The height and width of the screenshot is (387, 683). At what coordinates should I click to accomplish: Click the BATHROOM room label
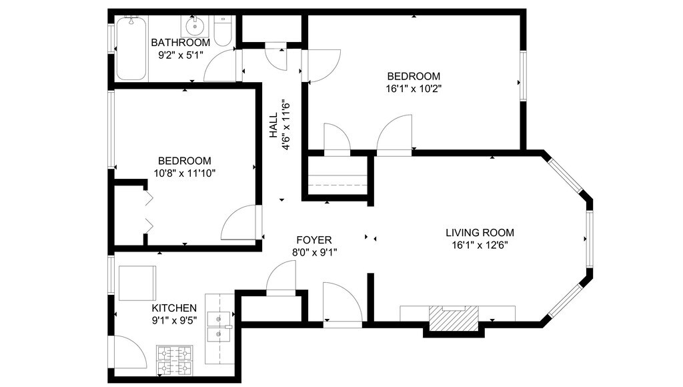180,43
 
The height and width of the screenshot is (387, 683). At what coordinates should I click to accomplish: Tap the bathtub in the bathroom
131,48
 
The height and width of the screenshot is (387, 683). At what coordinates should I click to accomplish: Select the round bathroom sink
194,27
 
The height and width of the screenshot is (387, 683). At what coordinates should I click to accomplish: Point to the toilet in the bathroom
223,31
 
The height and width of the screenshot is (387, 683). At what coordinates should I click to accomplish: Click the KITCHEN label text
174,308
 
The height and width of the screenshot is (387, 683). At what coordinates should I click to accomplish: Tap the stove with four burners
175,360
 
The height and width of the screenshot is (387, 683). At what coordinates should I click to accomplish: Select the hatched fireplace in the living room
454,318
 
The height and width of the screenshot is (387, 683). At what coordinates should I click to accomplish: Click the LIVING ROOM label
480,233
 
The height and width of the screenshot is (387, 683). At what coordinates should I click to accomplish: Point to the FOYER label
314,240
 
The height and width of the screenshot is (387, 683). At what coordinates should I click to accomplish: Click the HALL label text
273,125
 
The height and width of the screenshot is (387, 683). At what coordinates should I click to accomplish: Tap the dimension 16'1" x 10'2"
414,89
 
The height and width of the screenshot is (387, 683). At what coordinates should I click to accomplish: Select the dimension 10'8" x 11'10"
185,173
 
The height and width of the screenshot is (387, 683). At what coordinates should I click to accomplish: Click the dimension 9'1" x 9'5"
174,321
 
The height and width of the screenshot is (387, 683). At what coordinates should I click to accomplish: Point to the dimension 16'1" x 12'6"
480,246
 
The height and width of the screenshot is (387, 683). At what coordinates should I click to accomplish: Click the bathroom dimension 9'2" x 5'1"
180,55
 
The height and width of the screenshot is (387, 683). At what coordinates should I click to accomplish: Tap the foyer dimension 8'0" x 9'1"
314,252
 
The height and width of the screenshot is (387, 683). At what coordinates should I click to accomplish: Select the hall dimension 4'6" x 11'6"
286,125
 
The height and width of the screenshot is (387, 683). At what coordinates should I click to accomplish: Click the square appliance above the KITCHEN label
137,283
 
